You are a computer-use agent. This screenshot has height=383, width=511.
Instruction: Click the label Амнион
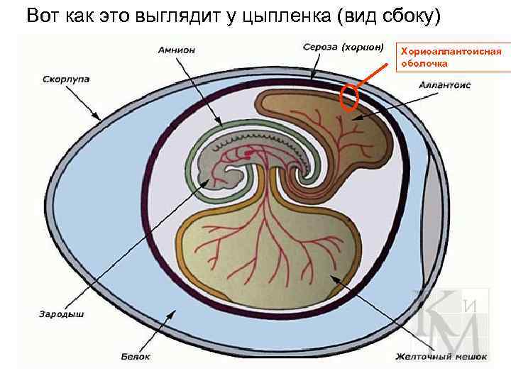[x=176, y=50]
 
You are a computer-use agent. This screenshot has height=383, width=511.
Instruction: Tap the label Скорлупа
[x=66, y=78]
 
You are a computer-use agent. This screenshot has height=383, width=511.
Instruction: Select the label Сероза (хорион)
[x=343, y=48]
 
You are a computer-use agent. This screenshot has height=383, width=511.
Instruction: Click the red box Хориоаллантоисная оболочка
[x=452, y=57]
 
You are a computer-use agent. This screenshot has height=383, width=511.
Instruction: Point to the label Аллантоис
[x=445, y=84]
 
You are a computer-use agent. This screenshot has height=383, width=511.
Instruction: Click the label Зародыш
[x=62, y=313]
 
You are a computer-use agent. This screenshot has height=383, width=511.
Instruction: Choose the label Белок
[x=136, y=356]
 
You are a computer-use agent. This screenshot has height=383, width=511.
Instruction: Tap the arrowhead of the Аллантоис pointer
[x=356, y=119]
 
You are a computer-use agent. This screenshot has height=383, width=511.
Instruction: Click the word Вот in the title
[x=41, y=16]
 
